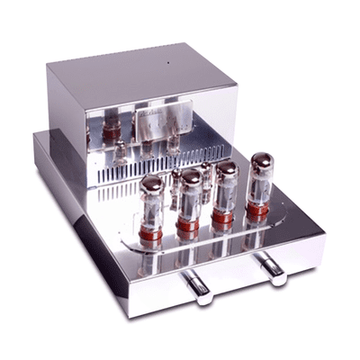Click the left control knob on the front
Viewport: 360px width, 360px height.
point(199,285)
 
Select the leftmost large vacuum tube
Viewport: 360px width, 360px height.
point(152,202)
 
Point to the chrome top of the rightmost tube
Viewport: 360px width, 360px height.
point(262,158)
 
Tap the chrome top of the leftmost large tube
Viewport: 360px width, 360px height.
point(151,182)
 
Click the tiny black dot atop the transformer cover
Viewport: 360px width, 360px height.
point(166,66)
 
